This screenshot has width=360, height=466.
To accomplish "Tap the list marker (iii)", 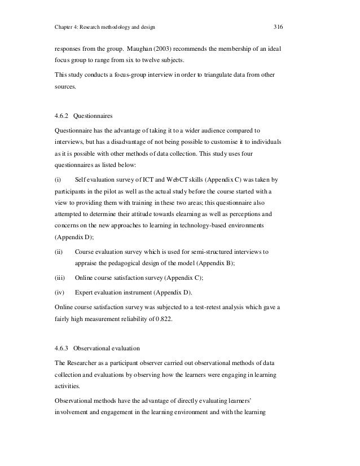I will (59, 277).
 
